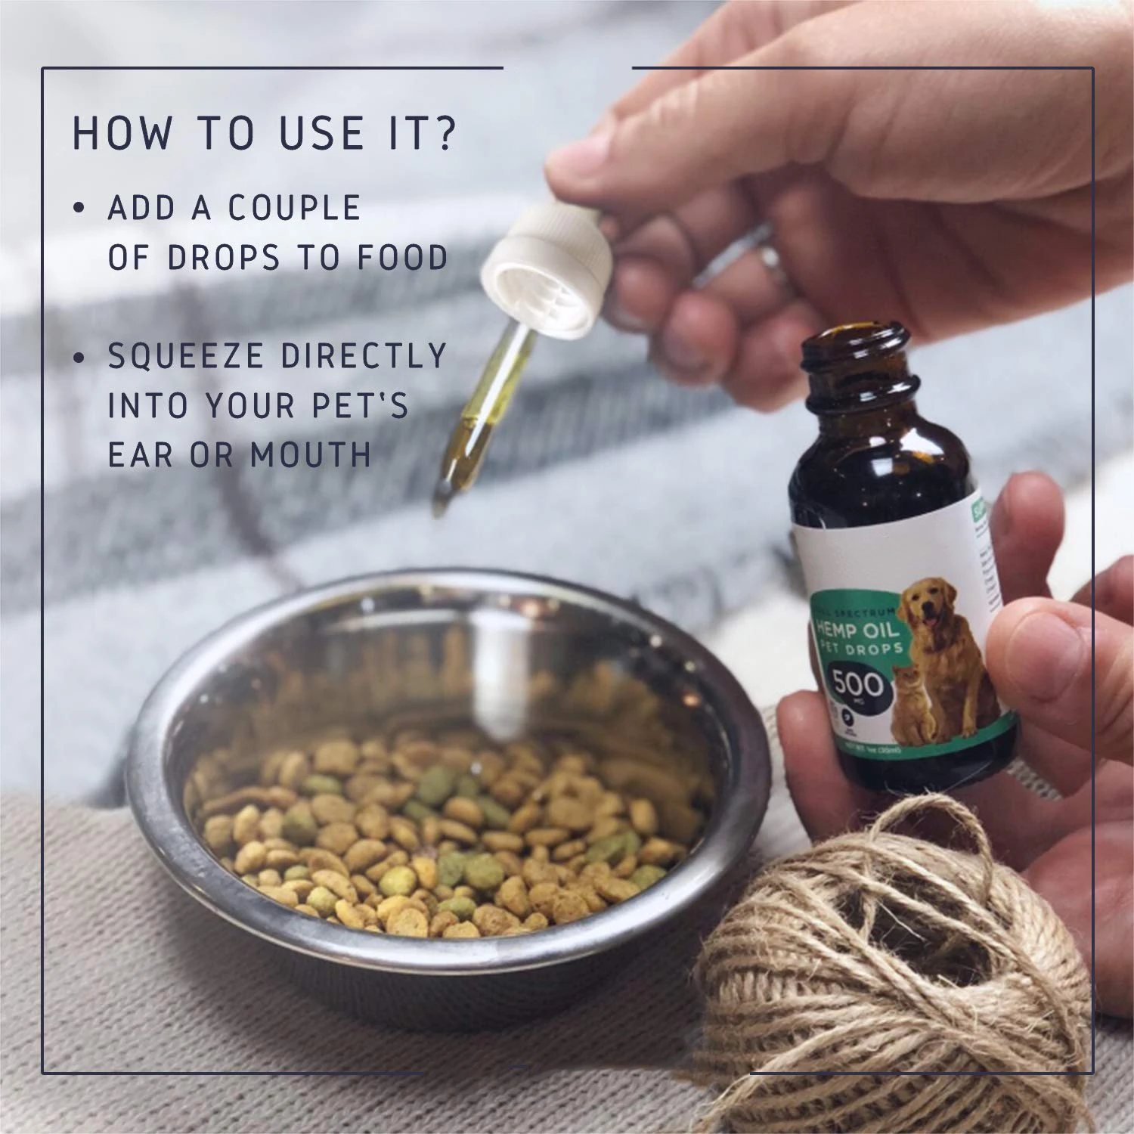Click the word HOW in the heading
click(x=121, y=133)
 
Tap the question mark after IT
click(x=445, y=133)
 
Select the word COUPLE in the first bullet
click(x=295, y=209)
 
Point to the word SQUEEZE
click(x=186, y=356)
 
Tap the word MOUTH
click(x=311, y=455)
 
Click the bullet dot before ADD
click(x=79, y=209)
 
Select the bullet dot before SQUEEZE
click(x=79, y=357)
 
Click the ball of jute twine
click(x=892, y=975)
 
